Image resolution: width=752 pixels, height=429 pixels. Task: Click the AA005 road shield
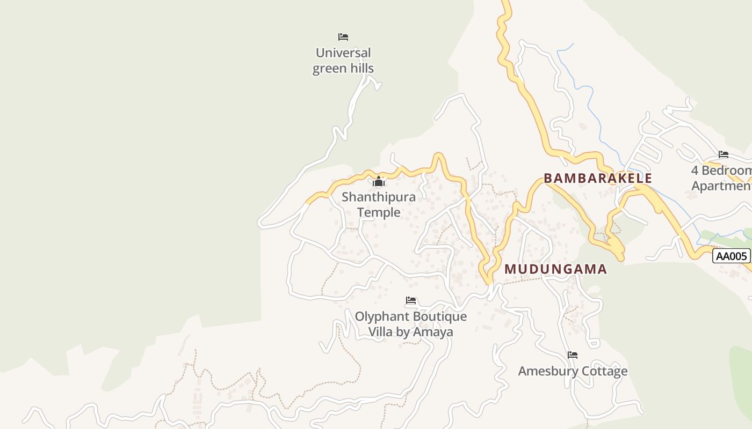tap(731, 256)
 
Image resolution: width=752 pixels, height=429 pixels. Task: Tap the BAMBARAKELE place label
tap(598, 179)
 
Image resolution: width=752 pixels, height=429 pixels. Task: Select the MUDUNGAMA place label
tap(555, 269)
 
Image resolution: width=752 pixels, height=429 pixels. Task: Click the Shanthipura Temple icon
tap(379, 182)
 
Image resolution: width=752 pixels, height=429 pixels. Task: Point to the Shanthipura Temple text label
tap(379, 204)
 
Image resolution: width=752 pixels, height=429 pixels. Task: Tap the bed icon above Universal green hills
tap(343, 37)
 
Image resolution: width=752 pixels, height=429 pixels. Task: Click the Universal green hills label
tap(343, 61)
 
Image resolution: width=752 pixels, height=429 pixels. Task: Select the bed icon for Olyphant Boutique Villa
tap(411, 300)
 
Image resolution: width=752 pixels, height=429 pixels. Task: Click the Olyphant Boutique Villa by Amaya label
tap(411, 324)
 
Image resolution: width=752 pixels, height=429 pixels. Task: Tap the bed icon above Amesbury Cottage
tap(573, 355)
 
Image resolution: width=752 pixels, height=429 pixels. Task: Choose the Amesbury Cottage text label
tap(573, 371)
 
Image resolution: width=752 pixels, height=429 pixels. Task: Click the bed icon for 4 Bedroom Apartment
tap(724, 154)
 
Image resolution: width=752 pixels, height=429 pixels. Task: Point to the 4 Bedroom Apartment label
tap(721, 178)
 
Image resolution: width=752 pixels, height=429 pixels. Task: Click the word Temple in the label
tap(379, 212)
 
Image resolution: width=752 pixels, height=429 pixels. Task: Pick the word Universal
tap(343, 53)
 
